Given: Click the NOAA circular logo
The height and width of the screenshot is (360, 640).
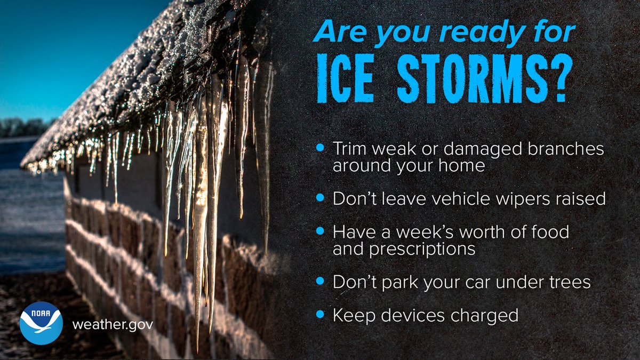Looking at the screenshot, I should point(41,323).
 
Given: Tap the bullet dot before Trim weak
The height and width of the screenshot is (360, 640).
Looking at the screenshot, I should point(320,147).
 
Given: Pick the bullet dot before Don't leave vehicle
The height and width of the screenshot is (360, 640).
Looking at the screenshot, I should point(320,197).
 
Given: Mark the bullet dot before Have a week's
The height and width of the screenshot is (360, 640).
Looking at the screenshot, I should point(320,231).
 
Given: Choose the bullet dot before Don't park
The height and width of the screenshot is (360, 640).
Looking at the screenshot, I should point(320,280).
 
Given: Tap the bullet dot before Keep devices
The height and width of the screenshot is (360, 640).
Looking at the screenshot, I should point(320,314).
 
